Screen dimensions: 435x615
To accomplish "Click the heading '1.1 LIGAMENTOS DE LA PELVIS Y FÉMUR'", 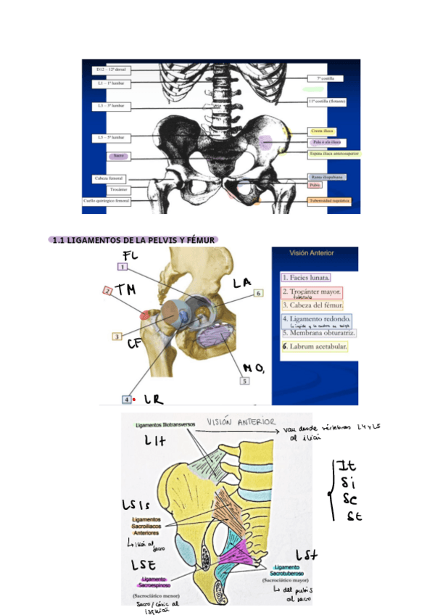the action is [x=135, y=240].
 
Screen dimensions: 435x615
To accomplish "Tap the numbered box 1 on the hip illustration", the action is [x=122, y=267].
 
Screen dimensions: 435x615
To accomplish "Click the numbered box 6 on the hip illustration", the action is [x=258, y=293].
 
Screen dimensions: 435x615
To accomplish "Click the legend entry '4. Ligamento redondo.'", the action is [x=317, y=319].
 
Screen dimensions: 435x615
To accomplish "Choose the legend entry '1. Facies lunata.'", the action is [x=307, y=277].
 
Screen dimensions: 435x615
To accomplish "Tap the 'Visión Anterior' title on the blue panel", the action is [x=312, y=254].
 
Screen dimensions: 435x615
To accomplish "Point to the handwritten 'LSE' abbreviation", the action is [x=144, y=565].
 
